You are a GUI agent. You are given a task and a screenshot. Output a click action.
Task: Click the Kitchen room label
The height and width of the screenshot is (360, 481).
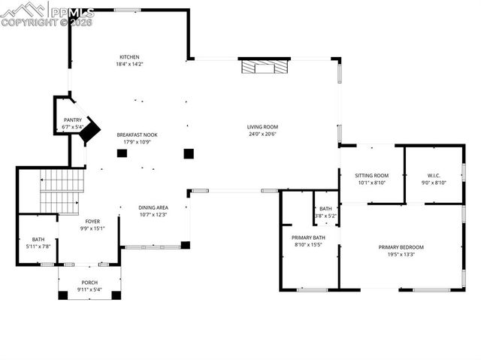point(129,57)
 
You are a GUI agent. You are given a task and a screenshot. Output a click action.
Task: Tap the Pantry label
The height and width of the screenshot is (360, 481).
point(72,119)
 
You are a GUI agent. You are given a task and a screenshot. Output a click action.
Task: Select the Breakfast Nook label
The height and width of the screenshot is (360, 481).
point(137,135)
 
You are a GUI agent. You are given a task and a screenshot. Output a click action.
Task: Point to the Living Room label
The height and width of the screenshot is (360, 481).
point(263,126)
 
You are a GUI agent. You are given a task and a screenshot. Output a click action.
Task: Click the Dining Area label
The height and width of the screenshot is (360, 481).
point(153,207)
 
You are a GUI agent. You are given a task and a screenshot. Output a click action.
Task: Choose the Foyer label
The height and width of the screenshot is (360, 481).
point(92,221)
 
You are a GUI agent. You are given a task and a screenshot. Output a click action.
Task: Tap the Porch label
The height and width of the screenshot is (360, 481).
point(89,283)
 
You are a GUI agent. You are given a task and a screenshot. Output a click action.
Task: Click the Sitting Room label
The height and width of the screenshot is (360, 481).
point(372,174)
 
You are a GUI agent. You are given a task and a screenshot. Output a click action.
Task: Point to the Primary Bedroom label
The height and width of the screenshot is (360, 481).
point(401,247)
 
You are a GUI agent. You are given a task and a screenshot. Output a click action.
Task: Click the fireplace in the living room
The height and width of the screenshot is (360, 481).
point(265,67)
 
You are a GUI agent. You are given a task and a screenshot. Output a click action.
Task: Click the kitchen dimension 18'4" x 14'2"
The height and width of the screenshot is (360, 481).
point(129,65)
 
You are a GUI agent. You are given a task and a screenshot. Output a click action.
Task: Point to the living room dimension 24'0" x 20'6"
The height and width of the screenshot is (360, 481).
point(263,134)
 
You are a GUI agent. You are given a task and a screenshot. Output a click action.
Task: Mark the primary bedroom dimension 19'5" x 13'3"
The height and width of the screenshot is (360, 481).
point(401,254)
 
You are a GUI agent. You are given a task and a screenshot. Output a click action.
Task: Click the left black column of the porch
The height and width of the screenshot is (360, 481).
point(62,295)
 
